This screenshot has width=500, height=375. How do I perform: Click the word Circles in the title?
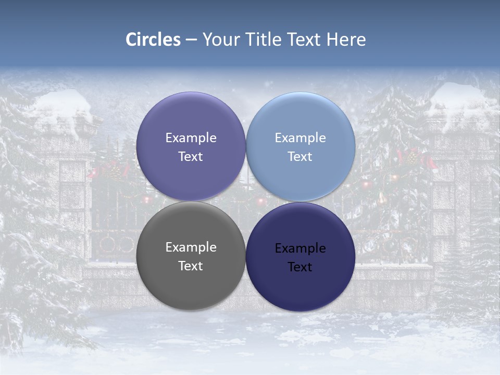[x=153, y=40]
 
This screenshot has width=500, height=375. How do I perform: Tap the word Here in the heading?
[x=346, y=40]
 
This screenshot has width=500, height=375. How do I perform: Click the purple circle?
[x=191, y=120]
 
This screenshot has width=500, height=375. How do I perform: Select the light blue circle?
[x=301, y=120]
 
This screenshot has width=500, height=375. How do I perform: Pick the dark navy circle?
[x=301, y=284]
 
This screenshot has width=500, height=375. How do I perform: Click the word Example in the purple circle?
[x=191, y=138]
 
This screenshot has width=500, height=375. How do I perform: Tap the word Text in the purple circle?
[x=191, y=157]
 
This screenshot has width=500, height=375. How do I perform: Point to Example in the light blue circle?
[x=301, y=138]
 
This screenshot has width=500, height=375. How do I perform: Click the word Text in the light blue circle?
[x=301, y=157]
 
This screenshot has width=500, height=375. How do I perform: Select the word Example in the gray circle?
[x=191, y=247]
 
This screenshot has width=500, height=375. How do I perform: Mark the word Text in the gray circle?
[x=191, y=266]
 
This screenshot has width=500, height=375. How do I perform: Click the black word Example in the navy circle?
[x=301, y=248]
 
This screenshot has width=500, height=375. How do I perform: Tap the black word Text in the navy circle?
[x=301, y=267]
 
